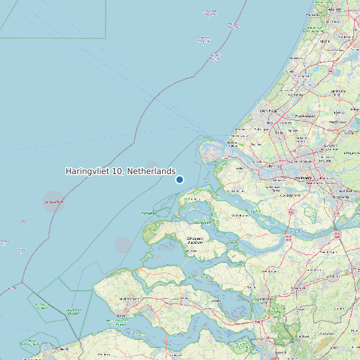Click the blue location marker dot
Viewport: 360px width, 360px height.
pos(179,179)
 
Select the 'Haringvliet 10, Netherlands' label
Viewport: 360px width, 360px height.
pos(120,171)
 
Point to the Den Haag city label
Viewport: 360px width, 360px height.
pos(268,110)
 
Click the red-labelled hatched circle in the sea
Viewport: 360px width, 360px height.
pos(54,201)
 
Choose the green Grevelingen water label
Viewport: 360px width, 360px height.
pos(149,213)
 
